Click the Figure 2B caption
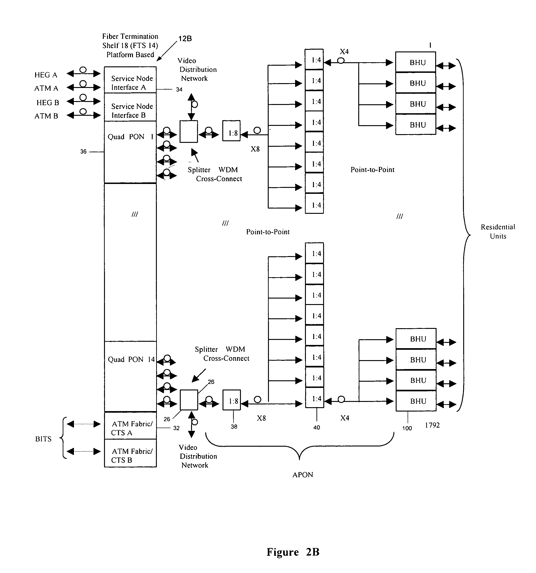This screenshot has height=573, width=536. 293,552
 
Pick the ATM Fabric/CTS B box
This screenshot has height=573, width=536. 130,455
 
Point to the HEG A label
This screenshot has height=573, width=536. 46,75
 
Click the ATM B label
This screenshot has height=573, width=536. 46,116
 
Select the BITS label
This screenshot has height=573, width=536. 43,439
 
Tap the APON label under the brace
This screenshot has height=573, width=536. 303,475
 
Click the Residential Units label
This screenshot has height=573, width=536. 498,231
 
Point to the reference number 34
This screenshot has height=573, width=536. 179,89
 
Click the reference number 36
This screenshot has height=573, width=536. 83,152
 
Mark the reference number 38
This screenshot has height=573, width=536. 234,426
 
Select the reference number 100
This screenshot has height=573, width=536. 407,428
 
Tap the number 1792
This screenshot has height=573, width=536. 432,425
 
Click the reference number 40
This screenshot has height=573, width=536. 316,427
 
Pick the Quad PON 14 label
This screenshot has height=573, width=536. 131,359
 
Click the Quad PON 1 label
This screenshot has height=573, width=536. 130,137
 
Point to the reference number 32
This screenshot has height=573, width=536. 176,428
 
